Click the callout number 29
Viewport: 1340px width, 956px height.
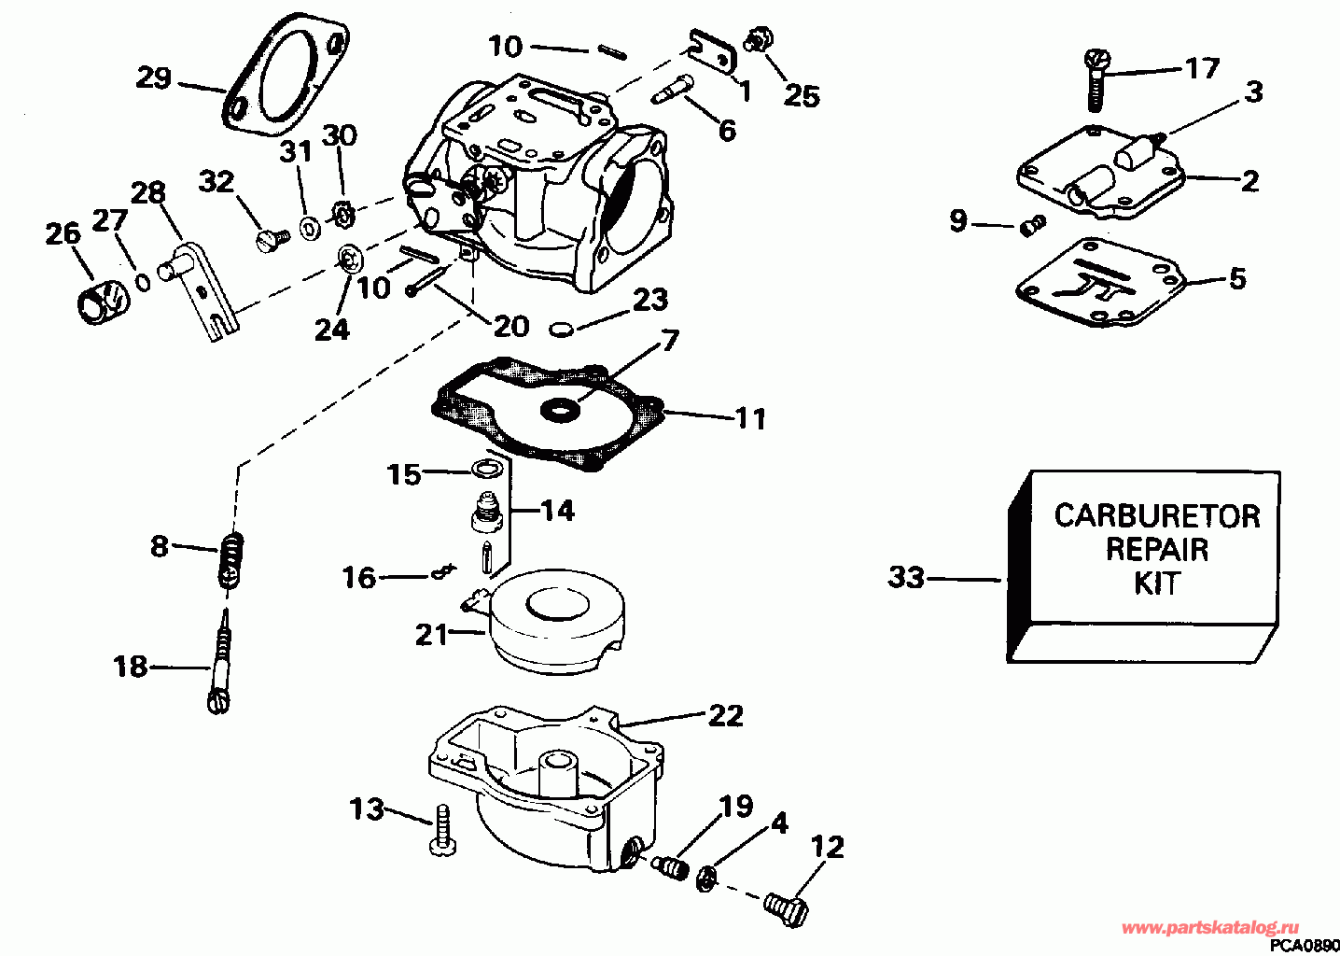pos(154,77)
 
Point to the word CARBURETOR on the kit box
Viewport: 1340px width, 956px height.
pos(1157,516)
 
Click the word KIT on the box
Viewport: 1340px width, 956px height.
pos(1156,583)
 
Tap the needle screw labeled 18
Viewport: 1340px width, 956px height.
pos(220,661)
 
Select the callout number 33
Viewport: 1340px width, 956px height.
pos(906,578)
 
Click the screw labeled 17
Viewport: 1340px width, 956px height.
pos(1096,80)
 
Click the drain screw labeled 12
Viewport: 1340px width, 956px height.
pos(786,911)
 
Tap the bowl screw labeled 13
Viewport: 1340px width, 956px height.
pos(442,831)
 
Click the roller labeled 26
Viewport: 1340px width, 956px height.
pos(102,302)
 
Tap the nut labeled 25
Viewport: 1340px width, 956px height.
pos(758,39)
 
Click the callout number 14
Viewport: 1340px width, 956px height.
pos(556,511)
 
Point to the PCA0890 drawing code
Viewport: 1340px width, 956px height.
pos(1305,946)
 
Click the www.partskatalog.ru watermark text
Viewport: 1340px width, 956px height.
pos(1209,929)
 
